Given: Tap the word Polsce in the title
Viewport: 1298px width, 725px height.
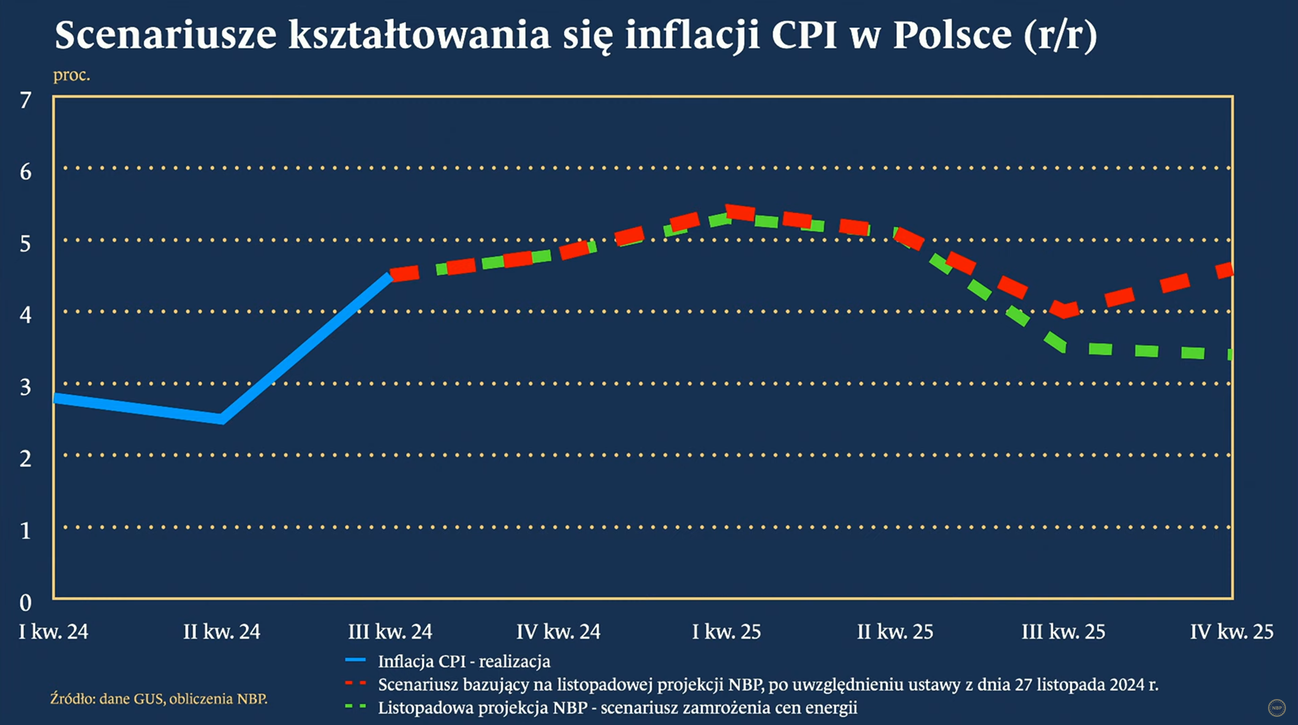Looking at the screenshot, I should click(x=952, y=35).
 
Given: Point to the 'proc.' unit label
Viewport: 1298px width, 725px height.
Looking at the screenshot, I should click(x=71, y=75).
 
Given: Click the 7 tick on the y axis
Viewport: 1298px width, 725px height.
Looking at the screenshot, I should click(x=25, y=101).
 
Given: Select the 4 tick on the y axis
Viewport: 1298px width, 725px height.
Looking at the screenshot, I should click(x=25, y=316).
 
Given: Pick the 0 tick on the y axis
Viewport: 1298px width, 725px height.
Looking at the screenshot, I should click(x=25, y=603).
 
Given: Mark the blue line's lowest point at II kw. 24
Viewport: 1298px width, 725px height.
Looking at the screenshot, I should click(x=222, y=419).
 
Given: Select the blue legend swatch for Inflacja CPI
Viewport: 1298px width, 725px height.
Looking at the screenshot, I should click(x=355, y=660).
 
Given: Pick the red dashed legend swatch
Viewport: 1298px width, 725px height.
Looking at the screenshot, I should click(x=355, y=683).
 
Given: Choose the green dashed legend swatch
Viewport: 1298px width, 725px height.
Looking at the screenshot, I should click(x=355, y=706).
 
